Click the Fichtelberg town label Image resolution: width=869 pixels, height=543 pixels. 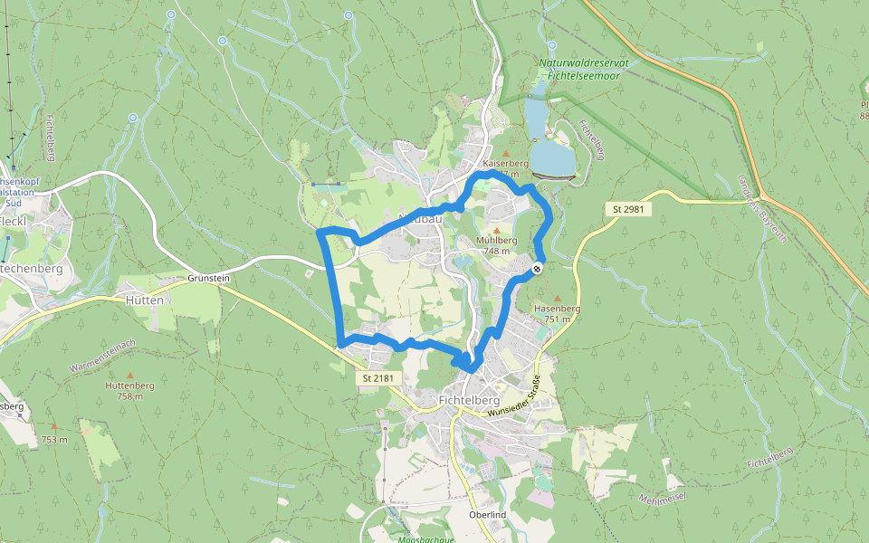(x=469, y=399)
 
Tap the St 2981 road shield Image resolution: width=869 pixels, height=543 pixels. (x=627, y=209)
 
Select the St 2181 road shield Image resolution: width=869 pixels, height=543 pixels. (x=378, y=377)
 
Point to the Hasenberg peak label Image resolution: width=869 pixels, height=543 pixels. (x=557, y=309)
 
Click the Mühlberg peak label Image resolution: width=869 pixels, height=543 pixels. (x=496, y=240)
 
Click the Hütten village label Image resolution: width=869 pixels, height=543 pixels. (x=145, y=300)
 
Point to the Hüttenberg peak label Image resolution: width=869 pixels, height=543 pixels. (x=130, y=386)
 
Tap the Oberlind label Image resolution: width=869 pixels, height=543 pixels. (x=487, y=515)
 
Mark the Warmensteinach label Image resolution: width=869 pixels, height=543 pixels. (x=102, y=355)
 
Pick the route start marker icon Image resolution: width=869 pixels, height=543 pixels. (x=538, y=268)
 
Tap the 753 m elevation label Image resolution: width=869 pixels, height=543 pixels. (x=54, y=440)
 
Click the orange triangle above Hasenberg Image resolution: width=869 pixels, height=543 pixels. (x=557, y=298)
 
